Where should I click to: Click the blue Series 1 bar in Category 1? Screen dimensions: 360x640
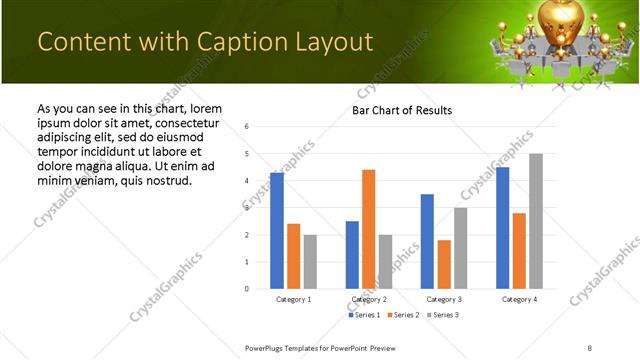pyautogui.click(x=277, y=231)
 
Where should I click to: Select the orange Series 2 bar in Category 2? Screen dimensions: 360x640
pyautogui.click(x=369, y=229)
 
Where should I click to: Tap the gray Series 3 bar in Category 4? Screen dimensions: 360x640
pyautogui.click(x=536, y=221)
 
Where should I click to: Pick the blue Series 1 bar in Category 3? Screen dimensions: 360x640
pyautogui.click(x=427, y=241)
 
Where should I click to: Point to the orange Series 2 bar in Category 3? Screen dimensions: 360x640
pyautogui.click(x=444, y=264)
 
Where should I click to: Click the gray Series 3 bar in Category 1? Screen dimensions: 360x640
pyautogui.click(x=310, y=262)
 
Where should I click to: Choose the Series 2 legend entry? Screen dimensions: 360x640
pyautogui.click(x=403, y=315)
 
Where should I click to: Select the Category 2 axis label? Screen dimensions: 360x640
pyautogui.click(x=369, y=299)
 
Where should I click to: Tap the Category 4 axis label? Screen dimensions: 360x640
pyautogui.click(x=519, y=299)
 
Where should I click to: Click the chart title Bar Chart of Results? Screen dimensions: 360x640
pyautogui.click(x=402, y=110)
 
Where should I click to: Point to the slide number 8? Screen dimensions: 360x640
pyautogui.click(x=590, y=347)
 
